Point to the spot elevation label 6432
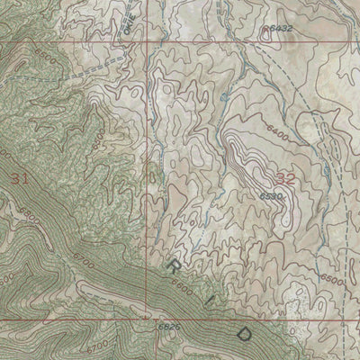(280, 30)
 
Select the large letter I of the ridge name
(206, 300)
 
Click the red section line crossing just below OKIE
(149, 40)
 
